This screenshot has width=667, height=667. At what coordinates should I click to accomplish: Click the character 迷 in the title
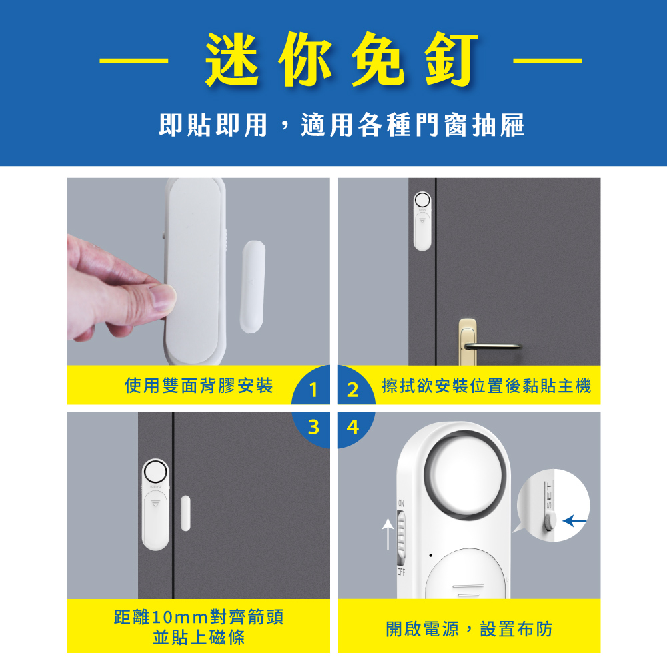(x=231, y=59)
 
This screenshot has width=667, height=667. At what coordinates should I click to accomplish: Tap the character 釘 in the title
(x=451, y=59)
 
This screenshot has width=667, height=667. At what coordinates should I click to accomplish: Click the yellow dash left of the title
(x=133, y=61)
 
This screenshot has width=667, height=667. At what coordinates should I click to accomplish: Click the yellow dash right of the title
(x=547, y=61)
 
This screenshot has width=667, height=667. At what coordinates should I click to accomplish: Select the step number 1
(x=313, y=390)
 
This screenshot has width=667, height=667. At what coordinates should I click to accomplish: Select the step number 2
(x=353, y=390)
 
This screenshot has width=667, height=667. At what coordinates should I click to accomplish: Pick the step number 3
(x=313, y=427)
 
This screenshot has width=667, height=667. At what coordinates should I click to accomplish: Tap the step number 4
(x=353, y=427)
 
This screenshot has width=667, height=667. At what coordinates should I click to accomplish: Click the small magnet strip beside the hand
(x=253, y=287)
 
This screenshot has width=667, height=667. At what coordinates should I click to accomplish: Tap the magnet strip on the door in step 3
(x=185, y=513)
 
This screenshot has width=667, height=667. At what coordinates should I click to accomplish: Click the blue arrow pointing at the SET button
(x=574, y=521)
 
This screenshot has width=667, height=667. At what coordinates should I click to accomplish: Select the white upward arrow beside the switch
(x=388, y=534)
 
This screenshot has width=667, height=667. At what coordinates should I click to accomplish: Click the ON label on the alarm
(x=401, y=503)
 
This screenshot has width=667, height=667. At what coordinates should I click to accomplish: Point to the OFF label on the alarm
(x=401, y=572)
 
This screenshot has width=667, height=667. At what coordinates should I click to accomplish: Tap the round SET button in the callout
(x=550, y=521)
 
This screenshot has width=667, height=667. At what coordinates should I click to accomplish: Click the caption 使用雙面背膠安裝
(x=199, y=386)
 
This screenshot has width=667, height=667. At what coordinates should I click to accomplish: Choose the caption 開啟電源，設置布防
(x=469, y=629)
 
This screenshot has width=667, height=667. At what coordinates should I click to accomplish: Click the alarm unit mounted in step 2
(x=422, y=221)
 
